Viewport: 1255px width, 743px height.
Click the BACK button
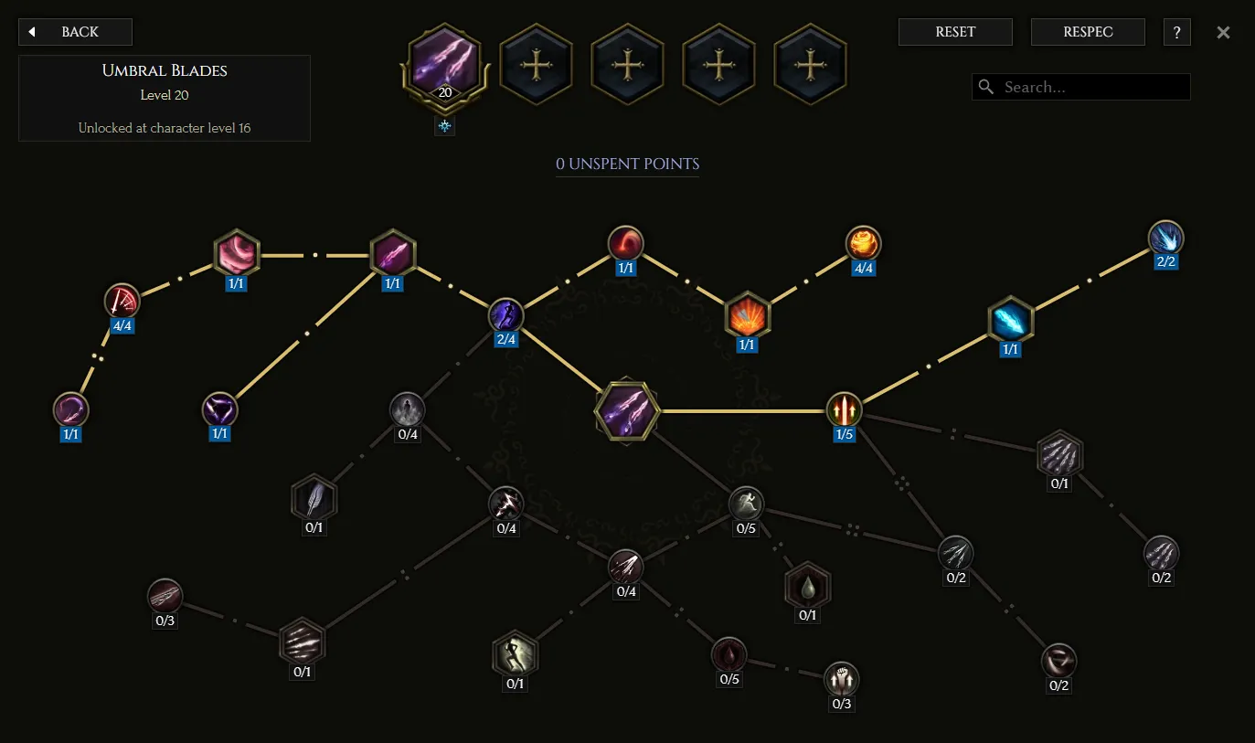pyautogui.click(x=75, y=32)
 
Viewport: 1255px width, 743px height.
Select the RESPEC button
pyautogui.click(x=1088, y=32)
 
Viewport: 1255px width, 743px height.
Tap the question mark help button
pyautogui.click(x=1176, y=32)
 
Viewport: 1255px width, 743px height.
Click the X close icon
pyautogui.click(x=1223, y=33)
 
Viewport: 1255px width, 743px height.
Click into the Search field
pyautogui.click(x=1080, y=87)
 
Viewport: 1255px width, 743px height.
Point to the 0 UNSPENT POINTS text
pyautogui.click(x=627, y=164)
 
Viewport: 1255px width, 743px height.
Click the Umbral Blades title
pyautogui.click(x=165, y=70)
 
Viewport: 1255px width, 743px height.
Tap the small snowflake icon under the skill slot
pyautogui.click(x=444, y=126)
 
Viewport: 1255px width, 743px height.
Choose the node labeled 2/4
pyautogui.click(x=505, y=315)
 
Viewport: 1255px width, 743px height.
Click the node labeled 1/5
pyautogui.click(x=844, y=409)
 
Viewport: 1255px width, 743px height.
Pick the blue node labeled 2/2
pyautogui.click(x=1166, y=238)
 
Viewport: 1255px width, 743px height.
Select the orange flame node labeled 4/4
pyautogui.click(x=863, y=244)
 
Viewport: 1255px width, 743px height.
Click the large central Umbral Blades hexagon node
pyautogui.click(x=626, y=410)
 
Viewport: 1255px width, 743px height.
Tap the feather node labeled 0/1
pyautogui.click(x=314, y=499)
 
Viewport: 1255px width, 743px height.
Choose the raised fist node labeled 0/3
pyautogui.click(x=841, y=679)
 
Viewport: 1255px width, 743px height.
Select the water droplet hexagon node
pyautogui.click(x=807, y=586)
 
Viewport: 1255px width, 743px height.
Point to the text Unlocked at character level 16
pyautogui.click(x=165, y=128)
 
